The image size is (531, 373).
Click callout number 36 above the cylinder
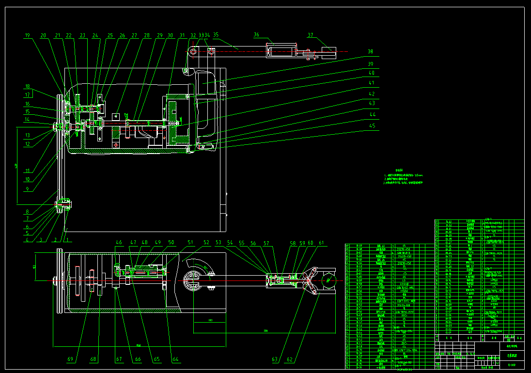(x=256, y=34)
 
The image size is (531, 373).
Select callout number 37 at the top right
(x=311, y=34)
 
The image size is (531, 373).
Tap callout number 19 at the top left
(x=28, y=35)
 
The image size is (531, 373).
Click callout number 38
(x=370, y=51)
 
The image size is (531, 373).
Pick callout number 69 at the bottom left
(x=71, y=359)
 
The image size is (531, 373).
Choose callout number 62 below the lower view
(x=290, y=359)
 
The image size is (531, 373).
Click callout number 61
(x=322, y=243)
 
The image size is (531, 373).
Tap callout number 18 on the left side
(x=28, y=87)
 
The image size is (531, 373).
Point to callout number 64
(x=175, y=359)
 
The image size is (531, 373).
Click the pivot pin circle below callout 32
(x=193, y=51)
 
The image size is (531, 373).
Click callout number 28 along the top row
(x=147, y=35)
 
